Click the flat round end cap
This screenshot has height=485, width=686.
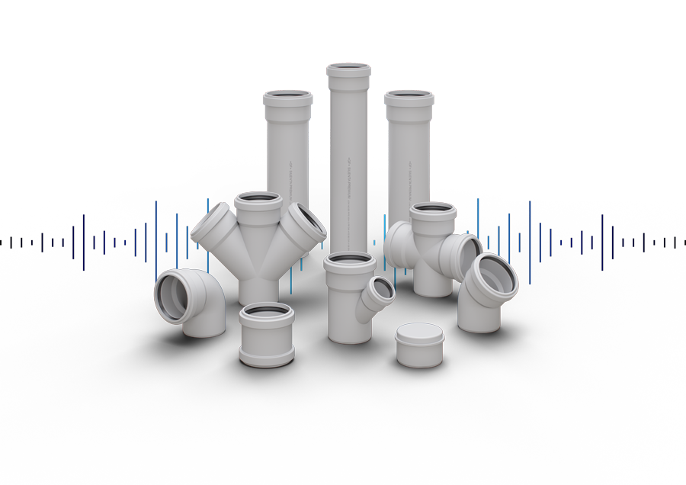420,345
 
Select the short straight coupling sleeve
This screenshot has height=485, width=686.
266,336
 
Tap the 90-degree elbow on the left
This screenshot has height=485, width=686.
191,301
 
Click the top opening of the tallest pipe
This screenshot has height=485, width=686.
349,70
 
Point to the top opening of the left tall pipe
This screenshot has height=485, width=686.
288,98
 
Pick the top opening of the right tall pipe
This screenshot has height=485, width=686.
409,98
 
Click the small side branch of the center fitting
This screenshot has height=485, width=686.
379,291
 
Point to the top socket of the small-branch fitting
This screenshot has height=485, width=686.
350,262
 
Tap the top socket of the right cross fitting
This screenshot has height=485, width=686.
433,210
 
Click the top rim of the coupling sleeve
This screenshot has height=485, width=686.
266,311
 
